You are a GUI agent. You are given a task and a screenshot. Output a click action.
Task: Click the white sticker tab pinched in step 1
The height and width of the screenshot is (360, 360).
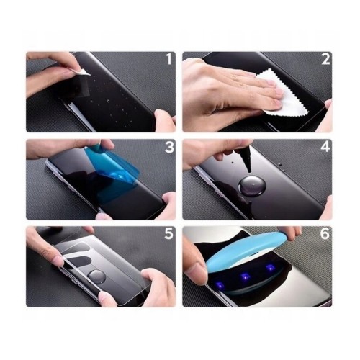pyautogui.click(x=84, y=69)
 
